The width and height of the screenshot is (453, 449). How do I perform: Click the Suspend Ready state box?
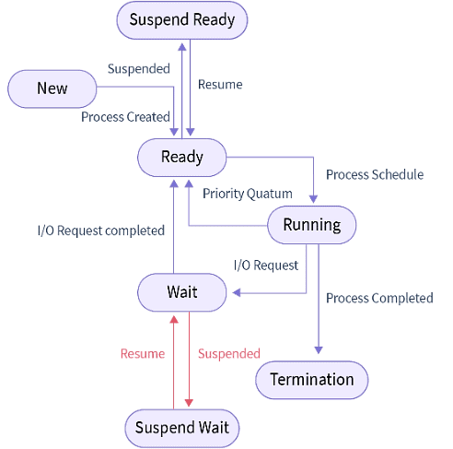[182, 20]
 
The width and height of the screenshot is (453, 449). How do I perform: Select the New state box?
[52, 89]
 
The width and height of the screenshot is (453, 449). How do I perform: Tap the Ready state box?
[182, 157]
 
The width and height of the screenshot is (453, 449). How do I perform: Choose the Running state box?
[311, 225]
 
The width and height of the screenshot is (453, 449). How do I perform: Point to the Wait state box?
[182, 292]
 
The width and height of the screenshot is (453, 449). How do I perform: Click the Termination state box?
[311, 380]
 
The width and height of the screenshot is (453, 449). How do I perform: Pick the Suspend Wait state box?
[182, 428]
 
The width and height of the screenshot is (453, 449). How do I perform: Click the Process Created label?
[125, 117]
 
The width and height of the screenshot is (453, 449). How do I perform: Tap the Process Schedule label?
[375, 174]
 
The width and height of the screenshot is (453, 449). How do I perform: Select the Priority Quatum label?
[248, 194]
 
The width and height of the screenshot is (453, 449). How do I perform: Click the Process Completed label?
[379, 298]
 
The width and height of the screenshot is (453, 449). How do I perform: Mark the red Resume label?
[143, 353]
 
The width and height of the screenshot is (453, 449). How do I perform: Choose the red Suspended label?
[229, 353]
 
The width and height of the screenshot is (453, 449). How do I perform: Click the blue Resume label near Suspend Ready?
[220, 84]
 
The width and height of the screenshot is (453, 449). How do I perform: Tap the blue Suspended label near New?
[139, 68]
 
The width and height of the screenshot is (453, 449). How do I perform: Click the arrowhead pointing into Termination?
[319, 349]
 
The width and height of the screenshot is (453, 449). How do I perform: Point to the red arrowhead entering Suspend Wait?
[189, 402]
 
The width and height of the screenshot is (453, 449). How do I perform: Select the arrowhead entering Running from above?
[314, 198]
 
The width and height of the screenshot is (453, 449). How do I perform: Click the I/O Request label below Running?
[265, 265]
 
